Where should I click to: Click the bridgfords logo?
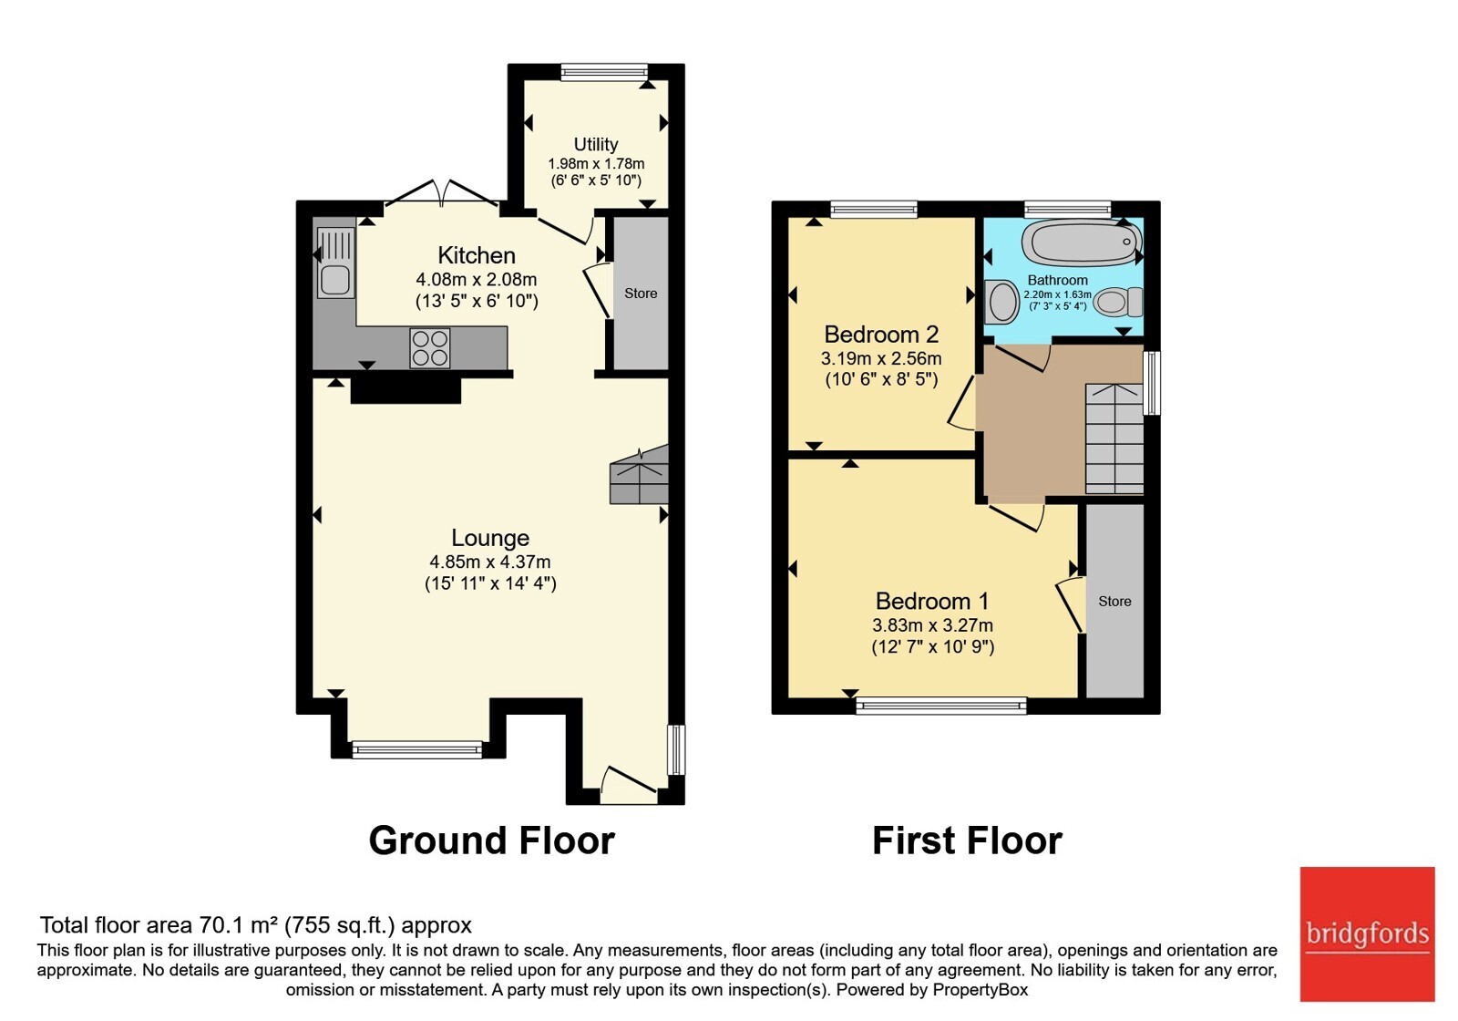[1367, 933]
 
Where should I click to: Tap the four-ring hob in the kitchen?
[430, 348]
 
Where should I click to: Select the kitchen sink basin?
[336, 281]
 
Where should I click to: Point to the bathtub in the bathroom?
[1082, 242]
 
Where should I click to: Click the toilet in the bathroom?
[1118, 302]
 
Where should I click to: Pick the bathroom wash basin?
[1001, 302]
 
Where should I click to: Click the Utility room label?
[596, 144]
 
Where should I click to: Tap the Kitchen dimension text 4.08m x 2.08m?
[477, 279]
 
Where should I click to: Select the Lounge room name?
[490, 538]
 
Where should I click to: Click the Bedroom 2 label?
[881, 334]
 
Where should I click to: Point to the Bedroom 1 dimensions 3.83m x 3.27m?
[933, 625]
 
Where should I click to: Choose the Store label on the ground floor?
[641, 294]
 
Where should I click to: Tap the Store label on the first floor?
[1114, 602]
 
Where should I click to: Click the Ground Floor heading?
[491, 841]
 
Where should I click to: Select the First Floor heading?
[967, 841]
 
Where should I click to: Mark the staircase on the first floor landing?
[1114, 438]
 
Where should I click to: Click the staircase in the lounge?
[639, 475]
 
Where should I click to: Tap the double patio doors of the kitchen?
[443, 193]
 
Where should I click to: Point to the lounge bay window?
[417, 750]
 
